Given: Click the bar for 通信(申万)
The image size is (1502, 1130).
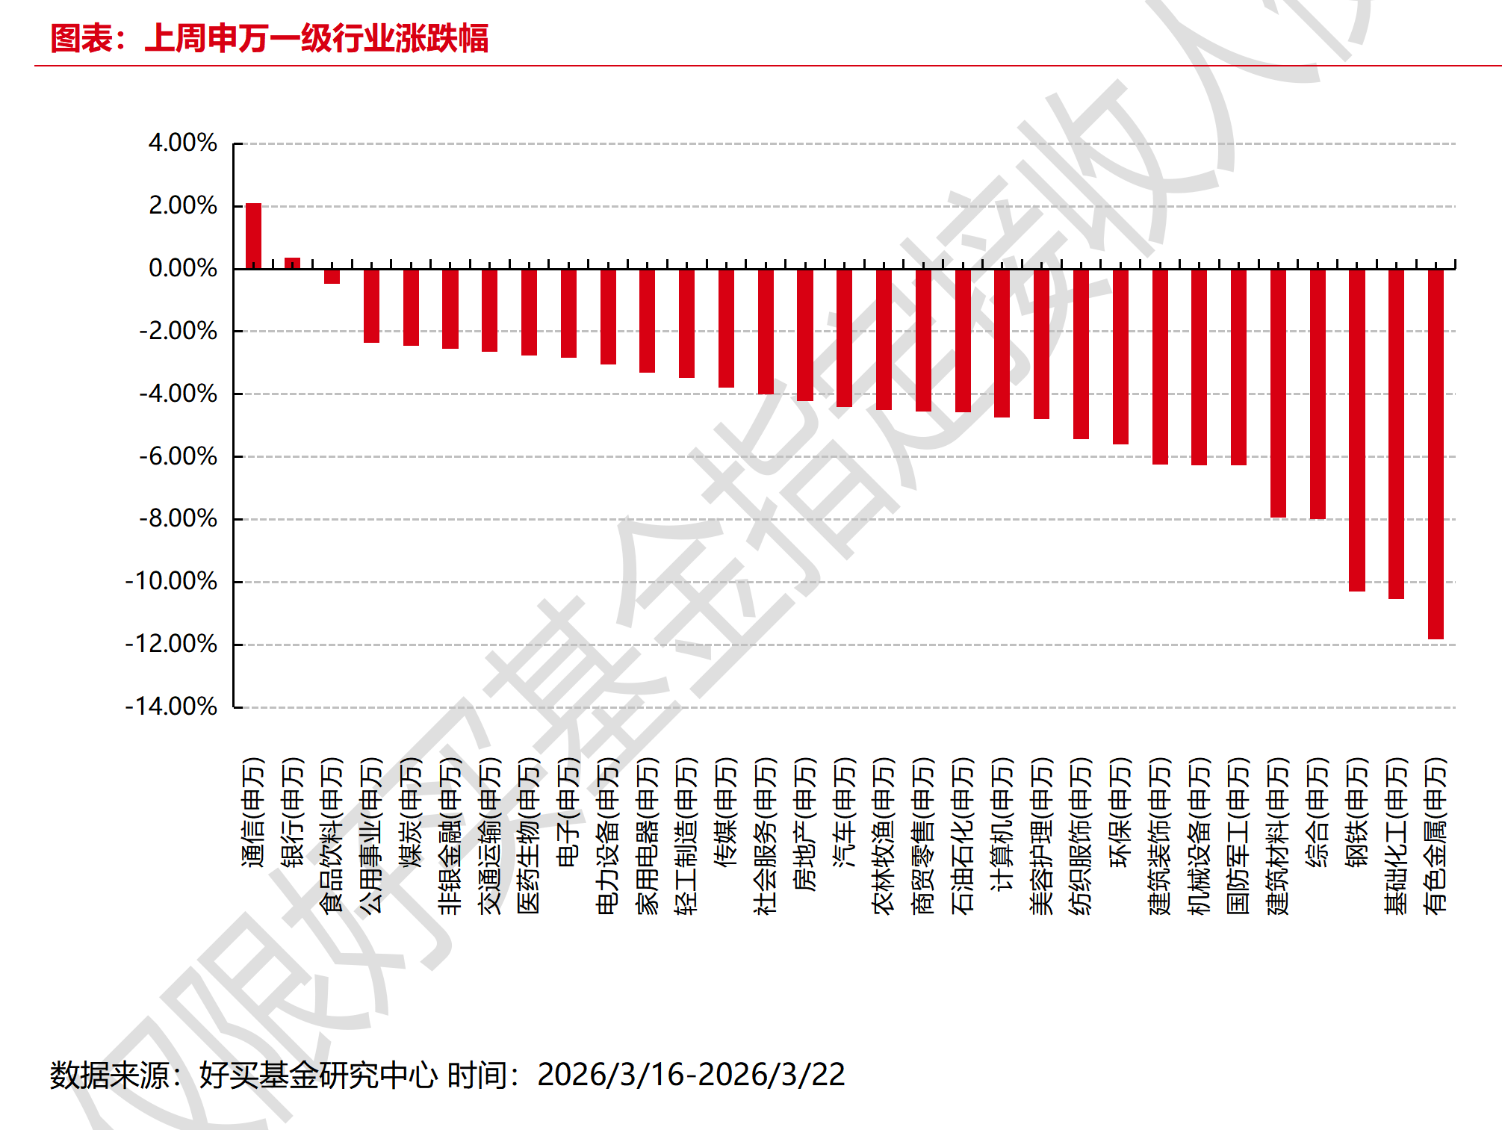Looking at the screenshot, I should tap(253, 236).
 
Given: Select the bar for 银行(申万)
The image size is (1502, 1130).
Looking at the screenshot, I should tap(293, 263).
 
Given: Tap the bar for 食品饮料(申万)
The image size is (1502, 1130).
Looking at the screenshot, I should tap(332, 276).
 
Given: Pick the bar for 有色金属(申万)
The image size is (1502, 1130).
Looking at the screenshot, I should tap(1436, 453).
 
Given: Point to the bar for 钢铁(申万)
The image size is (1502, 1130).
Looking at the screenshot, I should tap(1356, 429).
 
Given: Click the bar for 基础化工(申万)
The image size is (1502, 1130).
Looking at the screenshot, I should tap(1396, 433).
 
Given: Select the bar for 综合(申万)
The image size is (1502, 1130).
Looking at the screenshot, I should tap(1318, 394).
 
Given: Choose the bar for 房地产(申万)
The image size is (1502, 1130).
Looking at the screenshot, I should tap(805, 335).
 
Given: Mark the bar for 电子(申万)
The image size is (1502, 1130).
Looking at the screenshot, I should tap(568, 313).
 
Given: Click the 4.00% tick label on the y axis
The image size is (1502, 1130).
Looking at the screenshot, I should tap(182, 143).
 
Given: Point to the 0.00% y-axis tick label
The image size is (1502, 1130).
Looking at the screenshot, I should tap(182, 268).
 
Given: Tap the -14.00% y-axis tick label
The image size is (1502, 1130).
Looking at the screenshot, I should tap(171, 707).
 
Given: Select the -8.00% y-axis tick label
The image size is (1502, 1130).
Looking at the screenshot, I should tap(178, 518).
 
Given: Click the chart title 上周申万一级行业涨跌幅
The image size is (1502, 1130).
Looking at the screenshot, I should tap(316, 38).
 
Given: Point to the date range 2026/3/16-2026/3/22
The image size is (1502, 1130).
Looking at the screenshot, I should tap(691, 1075).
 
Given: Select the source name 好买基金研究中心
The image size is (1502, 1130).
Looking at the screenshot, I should tap(318, 1075).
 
